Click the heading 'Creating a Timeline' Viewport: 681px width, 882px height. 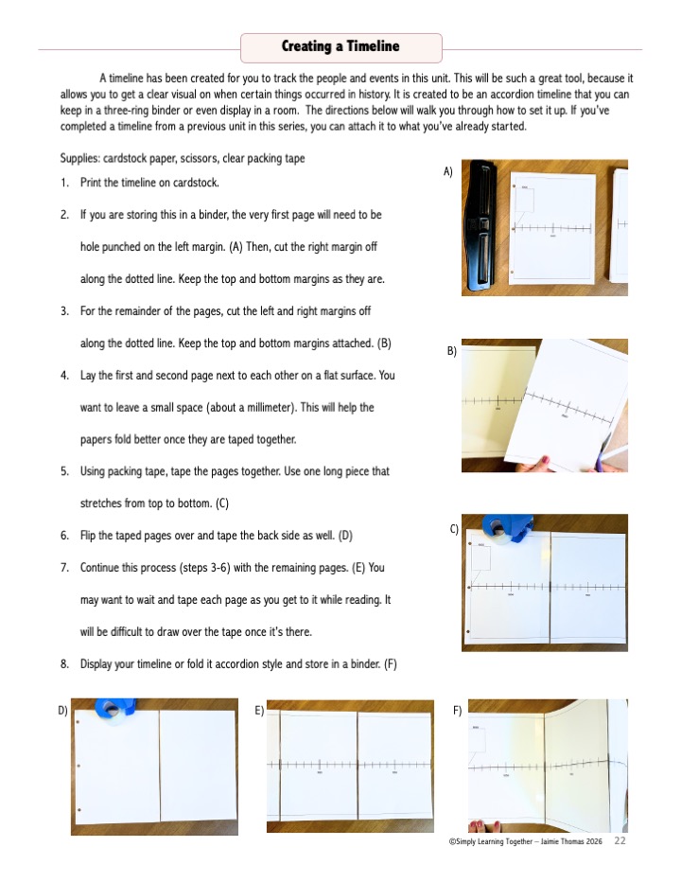point(340,46)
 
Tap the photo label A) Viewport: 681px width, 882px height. point(448,171)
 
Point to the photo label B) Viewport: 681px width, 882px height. point(451,351)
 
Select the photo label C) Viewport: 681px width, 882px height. point(455,529)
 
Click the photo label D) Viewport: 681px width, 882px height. point(62,709)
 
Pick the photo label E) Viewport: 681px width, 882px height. point(259,709)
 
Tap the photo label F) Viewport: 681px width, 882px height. point(458,709)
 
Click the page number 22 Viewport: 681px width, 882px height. point(620,840)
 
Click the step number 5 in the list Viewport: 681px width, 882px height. point(64,470)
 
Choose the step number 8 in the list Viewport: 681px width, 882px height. point(64,663)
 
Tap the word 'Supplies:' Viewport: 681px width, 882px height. point(79,158)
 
